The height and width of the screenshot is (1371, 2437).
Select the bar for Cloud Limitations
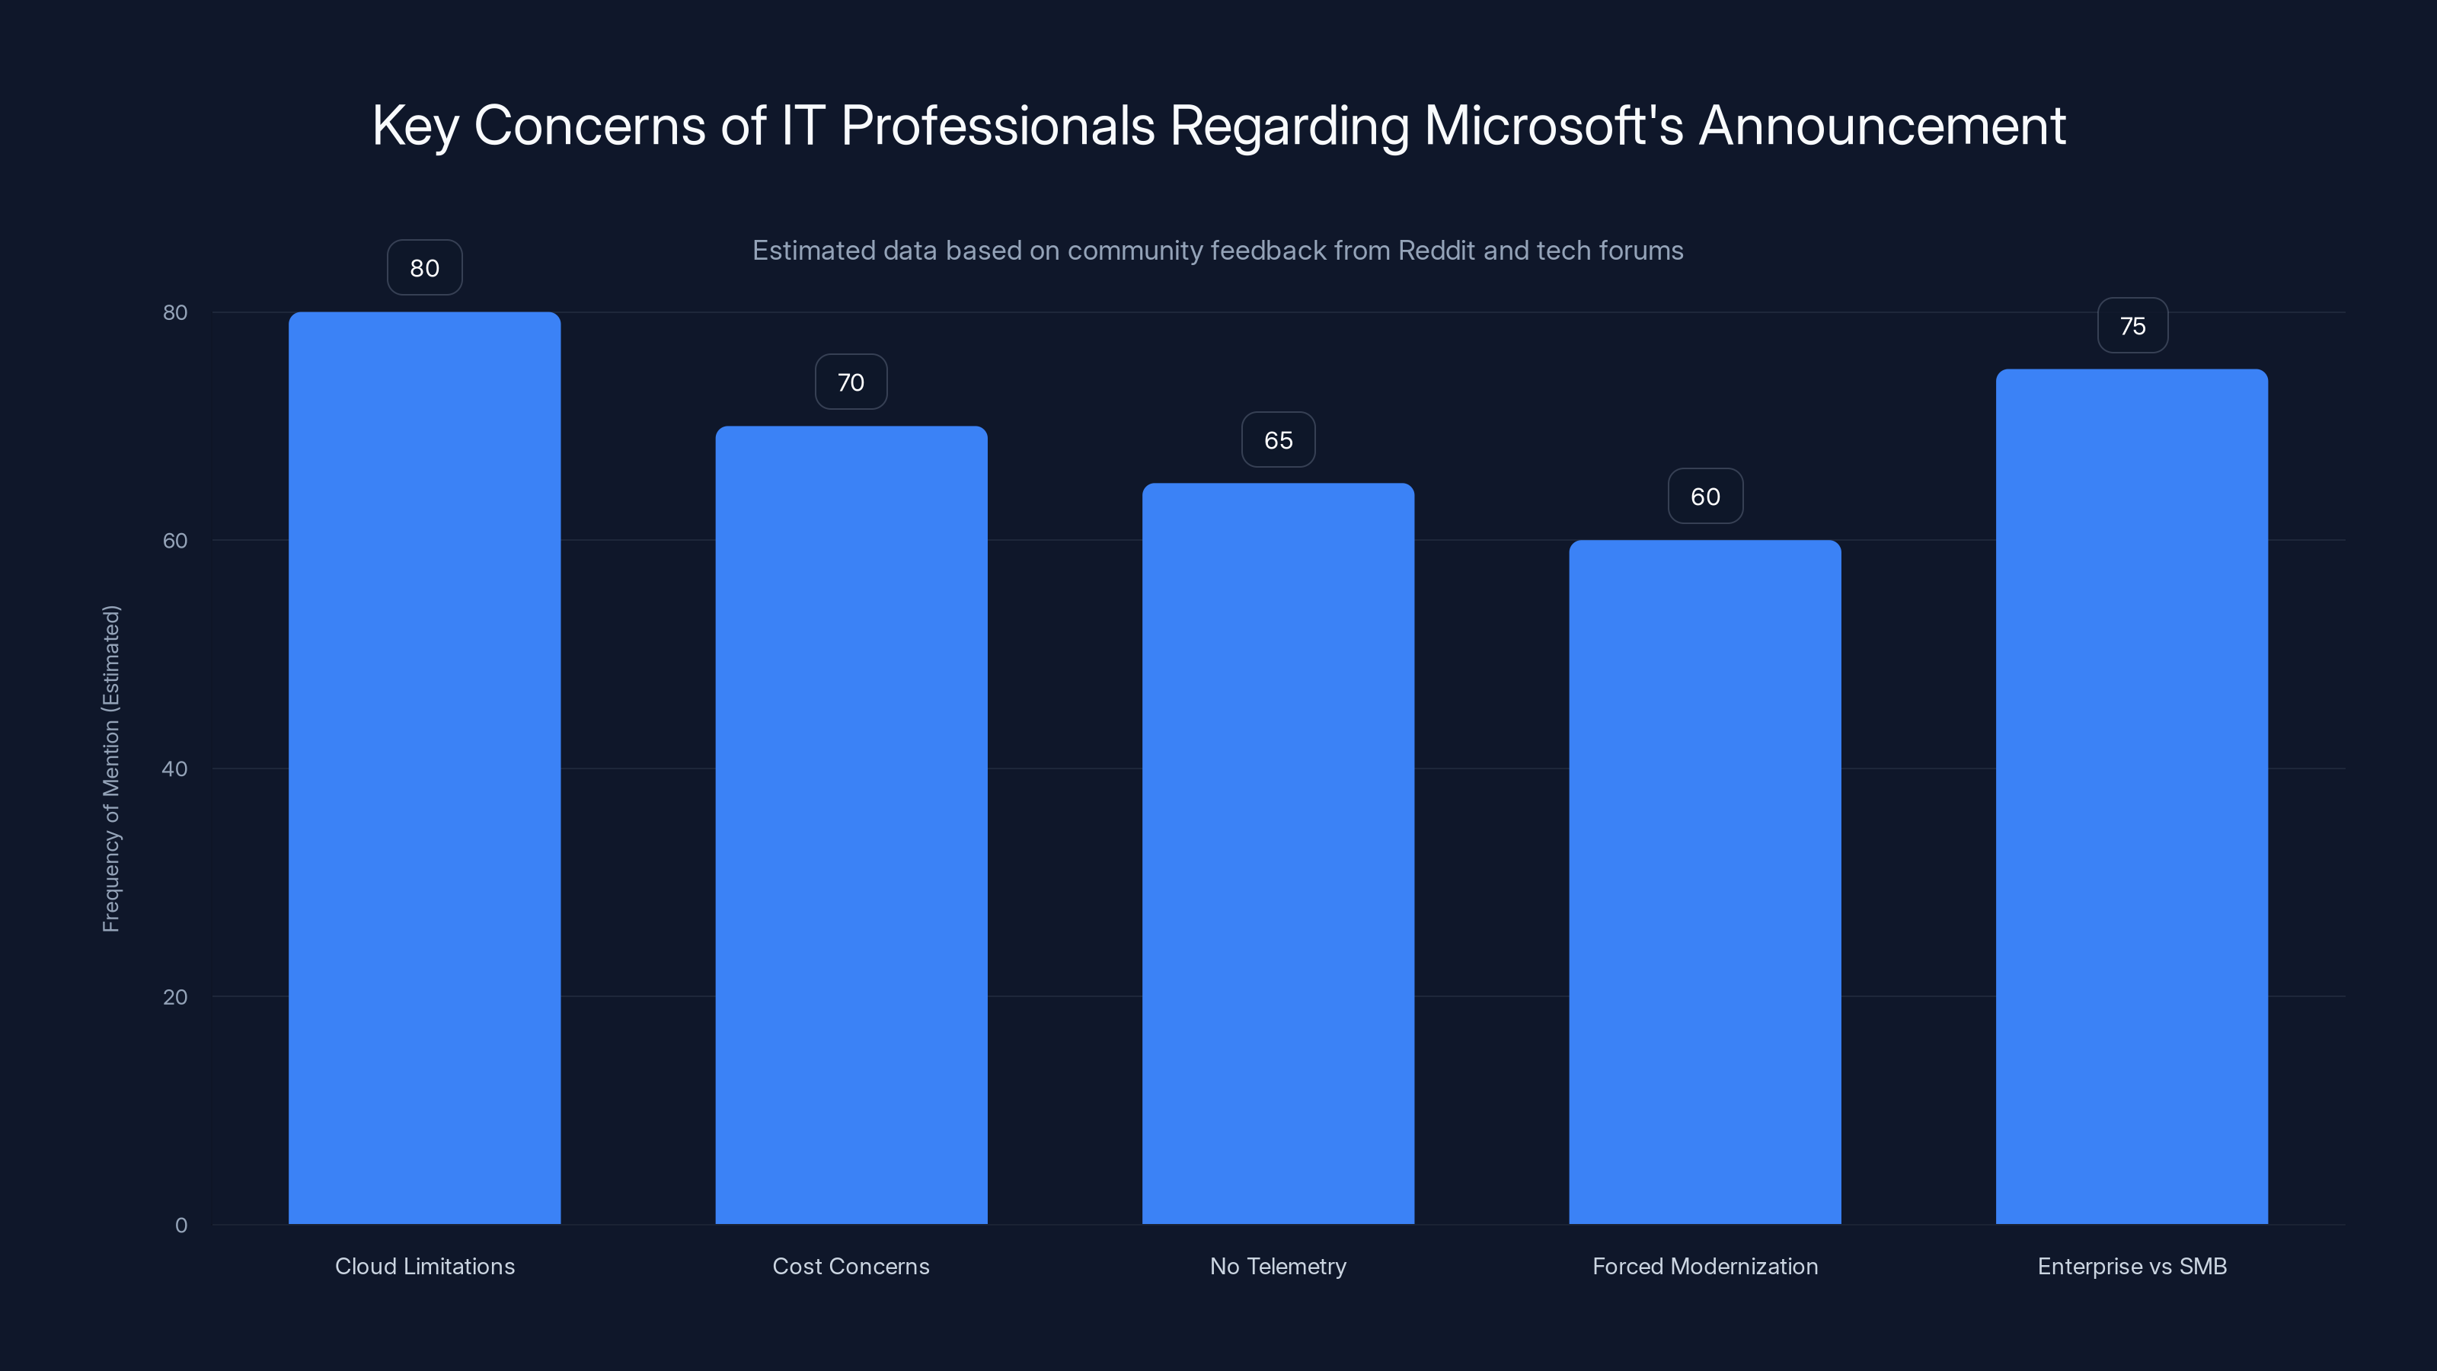(x=424, y=767)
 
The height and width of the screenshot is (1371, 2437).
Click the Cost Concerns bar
(x=851, y=824)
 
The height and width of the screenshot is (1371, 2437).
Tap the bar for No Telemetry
(x=1277, y=852)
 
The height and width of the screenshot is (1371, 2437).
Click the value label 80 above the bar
(x=424, y=268)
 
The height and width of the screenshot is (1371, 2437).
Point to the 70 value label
(x=851, y=382)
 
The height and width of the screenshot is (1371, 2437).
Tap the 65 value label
(x=1277, y=440)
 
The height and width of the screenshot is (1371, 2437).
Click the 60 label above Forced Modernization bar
(x=1705, y=497)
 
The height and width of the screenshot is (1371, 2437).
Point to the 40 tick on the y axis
(x=175, y=769)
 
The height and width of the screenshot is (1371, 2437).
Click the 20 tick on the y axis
(x=175, y=996)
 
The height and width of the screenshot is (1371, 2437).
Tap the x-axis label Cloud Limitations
(x=425, y=1266)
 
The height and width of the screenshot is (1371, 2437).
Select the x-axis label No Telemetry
(x=1277, y=1266)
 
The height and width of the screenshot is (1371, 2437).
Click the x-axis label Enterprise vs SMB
(x=2132, y=1266)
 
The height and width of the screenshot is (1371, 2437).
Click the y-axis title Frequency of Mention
(x=110, y=769)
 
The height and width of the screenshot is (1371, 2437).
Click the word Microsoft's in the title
(x=1554, y=126)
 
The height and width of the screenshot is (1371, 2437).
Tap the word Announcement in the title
(x=1882, y=126)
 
